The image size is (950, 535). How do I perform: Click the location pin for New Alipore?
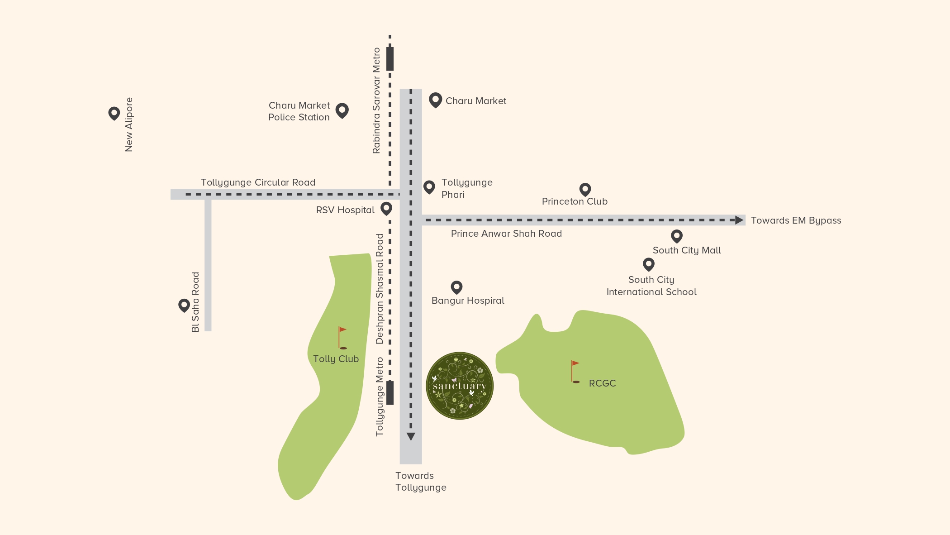114,113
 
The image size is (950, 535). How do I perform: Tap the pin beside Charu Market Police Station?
342,110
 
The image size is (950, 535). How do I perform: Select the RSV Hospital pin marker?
386,208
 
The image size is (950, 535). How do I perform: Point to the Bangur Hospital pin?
456,287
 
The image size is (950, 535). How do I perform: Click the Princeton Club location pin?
585,189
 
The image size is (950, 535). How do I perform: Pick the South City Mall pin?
676,236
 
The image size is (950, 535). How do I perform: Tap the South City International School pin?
649,264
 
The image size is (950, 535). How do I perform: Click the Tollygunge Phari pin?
429,186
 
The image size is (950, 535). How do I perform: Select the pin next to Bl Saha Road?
184,305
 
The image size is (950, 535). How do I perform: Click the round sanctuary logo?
460,386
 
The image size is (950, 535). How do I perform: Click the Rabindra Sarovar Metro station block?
390,59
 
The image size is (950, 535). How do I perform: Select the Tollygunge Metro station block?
390,393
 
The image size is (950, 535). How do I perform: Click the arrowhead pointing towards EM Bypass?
739,220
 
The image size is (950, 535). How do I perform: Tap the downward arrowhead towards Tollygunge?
411,436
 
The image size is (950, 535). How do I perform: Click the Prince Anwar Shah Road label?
506,234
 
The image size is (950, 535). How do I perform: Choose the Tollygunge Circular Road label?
258,182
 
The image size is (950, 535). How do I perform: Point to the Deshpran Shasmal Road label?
380,289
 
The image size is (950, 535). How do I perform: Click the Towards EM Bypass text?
796,220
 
